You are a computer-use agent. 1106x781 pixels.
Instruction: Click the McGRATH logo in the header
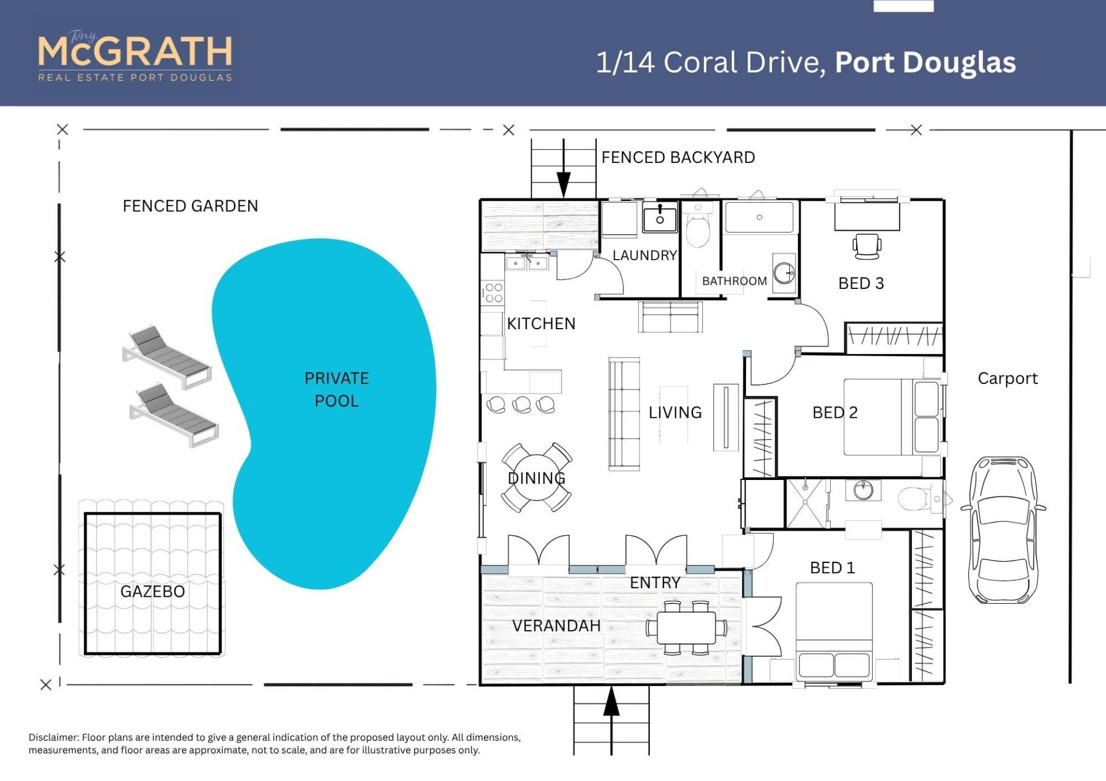coord(135,56)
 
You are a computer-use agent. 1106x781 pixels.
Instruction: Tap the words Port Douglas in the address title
coord(925,63)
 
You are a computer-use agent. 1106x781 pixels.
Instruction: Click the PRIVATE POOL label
coord(337,390)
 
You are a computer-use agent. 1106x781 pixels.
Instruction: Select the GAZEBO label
coord(153,592)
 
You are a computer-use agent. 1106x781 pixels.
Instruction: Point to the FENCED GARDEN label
coord(191,206)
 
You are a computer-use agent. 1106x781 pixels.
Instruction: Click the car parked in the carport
coord(1003,529)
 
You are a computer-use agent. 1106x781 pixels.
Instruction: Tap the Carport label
coord(1007,379)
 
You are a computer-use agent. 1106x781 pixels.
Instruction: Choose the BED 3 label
coord(861,283)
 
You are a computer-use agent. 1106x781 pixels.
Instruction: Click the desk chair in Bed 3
coord(867,246)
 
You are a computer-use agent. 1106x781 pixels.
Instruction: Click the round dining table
coord(537,478)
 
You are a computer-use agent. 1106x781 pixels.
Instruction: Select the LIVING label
coord(675,413)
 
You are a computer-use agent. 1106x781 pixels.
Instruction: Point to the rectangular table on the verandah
coord(687,627)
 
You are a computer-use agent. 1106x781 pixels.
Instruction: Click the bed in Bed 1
coord(834,631)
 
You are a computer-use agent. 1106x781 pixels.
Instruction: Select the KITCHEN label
coord(541,323)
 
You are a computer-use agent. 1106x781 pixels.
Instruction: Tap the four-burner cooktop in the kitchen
coord(494,292)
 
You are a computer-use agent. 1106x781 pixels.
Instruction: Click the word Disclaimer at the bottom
coord(54,737)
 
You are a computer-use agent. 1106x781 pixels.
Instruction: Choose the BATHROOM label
coord(734,281)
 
